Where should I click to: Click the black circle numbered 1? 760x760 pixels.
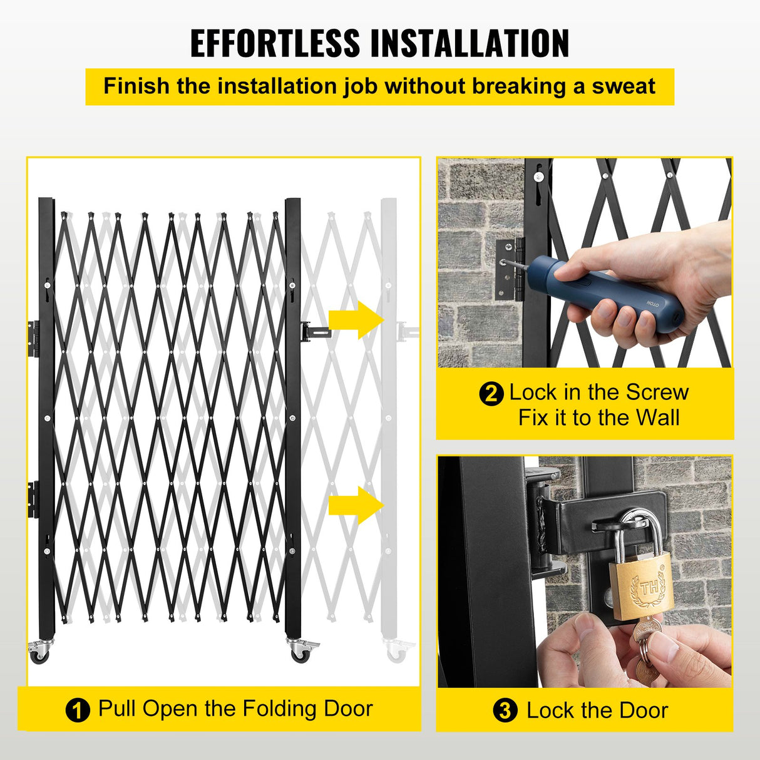(x=78, y=711)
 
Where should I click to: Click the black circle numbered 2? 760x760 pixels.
(x=491, y=394)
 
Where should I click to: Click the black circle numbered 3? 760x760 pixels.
(x=505, y=711)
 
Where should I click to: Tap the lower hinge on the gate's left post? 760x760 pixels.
(x=33, y=499)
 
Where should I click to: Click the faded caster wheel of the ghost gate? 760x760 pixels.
(x=396, y=653)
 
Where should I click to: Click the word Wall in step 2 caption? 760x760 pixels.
(x=657, y=418)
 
